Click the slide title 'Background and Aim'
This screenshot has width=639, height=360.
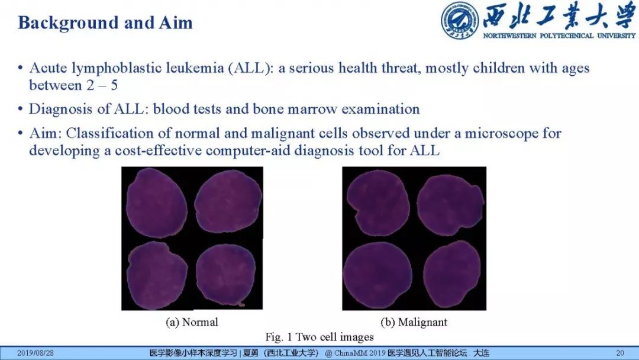[105, 23]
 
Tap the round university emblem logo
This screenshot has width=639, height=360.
[460, 20]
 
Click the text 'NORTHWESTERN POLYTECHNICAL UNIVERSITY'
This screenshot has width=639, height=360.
[559, 36]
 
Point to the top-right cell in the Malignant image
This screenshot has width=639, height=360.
[450, 207]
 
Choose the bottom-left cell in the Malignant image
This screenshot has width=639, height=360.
[377, 275]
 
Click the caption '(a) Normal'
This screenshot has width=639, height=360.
[192, 322]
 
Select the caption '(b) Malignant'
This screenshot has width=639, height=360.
[414, 322]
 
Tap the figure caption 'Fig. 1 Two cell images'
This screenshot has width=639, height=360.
[319, 337]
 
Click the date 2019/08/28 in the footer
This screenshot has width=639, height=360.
[35, 353]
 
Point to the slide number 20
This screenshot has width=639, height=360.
[620, 353]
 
